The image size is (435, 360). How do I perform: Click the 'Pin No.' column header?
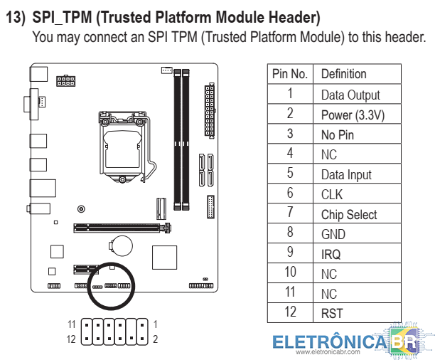click(x=289, y=74)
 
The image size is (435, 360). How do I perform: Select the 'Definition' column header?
click(x=343, y=74)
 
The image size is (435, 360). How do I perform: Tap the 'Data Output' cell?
click(x=350, y=95)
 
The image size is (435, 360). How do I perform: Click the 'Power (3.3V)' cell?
click(x=353, y=115)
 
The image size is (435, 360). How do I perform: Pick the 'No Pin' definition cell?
click(x=338, y=134)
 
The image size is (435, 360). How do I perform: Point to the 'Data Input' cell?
click(x=346, y=174)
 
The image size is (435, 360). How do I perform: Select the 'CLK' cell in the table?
click(x=332, y=194)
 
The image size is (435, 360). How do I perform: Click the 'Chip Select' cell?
click(x=349, y=214)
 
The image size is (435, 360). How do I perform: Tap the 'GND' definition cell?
click(x=333, y=234)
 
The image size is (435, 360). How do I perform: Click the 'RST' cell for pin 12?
click(x=332, y=313)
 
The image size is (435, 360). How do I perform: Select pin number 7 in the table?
click(x=290, y=213)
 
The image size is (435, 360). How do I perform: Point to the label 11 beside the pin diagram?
click(x=71, y=324)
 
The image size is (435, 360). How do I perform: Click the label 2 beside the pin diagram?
click(x=155, y=339)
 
